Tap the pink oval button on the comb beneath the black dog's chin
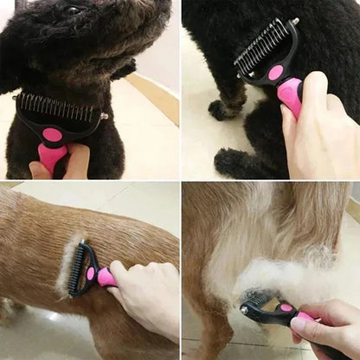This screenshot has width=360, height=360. click(53, 134)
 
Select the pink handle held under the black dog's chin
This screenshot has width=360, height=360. click(52, 158)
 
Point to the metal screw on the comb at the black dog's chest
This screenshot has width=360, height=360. click(105, 116)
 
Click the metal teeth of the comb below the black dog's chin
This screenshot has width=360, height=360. click(57, 108)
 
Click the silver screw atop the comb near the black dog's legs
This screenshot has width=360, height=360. click(294, 22)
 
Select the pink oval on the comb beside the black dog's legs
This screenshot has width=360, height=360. click(276, 72)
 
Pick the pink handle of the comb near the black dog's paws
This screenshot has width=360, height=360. click(289, 95)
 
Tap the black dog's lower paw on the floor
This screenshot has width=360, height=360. click(232, 161)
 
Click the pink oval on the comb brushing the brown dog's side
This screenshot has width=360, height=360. click(91, 273)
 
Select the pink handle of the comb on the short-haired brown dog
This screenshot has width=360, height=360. click(106, 277)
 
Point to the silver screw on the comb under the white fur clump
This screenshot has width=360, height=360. click(245, 308)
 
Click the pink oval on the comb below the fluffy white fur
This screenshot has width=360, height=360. click(286, 307)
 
